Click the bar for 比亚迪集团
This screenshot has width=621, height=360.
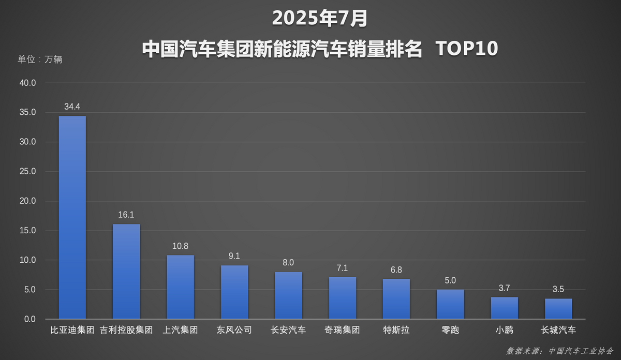tap(72, 217)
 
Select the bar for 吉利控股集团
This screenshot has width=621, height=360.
tap(126, 271)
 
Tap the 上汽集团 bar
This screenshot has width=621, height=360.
tap(180, 287)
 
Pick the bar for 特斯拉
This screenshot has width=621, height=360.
tap(396, 298)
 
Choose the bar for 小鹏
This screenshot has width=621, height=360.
tap(504, 308)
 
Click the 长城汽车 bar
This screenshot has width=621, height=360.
tap(558, 308)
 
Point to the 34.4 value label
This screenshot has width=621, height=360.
tap(72, 107)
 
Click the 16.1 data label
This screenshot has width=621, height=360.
tap(126, 215)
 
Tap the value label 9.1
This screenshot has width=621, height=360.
tap(234, 256)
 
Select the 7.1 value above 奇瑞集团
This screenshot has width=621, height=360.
tap(342, 268)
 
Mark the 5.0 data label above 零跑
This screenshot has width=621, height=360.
tap(450, 280)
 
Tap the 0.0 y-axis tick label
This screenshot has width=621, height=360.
tap(28, 319)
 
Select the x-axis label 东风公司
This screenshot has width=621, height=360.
tap(234, 330)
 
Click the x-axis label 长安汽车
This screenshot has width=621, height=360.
tap(288, 330)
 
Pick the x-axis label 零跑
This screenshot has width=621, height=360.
tap(450, 330)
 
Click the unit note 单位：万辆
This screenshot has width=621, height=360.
tap(40, 59)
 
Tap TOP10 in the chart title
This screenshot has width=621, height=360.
tap(466, 49)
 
